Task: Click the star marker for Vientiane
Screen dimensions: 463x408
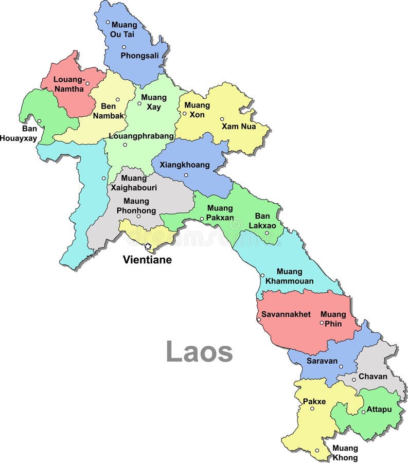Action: pos(148,246)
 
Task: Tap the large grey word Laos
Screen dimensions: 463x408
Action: pos(199,352)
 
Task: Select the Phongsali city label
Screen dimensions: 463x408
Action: pos(140,56)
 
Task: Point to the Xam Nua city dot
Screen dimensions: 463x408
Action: pos(222,119)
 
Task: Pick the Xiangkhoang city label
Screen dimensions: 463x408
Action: pos(185,165)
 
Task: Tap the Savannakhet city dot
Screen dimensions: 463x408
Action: pos(259,320)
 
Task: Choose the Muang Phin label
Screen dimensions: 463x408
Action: pos(333,318)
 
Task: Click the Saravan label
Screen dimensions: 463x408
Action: pos(322,361)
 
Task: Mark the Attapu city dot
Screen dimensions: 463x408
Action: pos(363,412)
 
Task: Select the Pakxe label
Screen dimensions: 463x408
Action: pos(314,401)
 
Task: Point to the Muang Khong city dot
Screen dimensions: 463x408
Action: pos(317,450)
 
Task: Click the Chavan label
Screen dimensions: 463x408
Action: pos(372,376)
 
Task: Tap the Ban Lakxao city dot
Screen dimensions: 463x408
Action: pos(267,233)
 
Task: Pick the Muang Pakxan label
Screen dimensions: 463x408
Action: pos(220,213)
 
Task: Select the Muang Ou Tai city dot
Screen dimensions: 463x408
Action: pos(108,22)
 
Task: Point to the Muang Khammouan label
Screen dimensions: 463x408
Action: pos(289,276)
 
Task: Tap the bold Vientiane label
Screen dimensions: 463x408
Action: pos(147,260)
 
